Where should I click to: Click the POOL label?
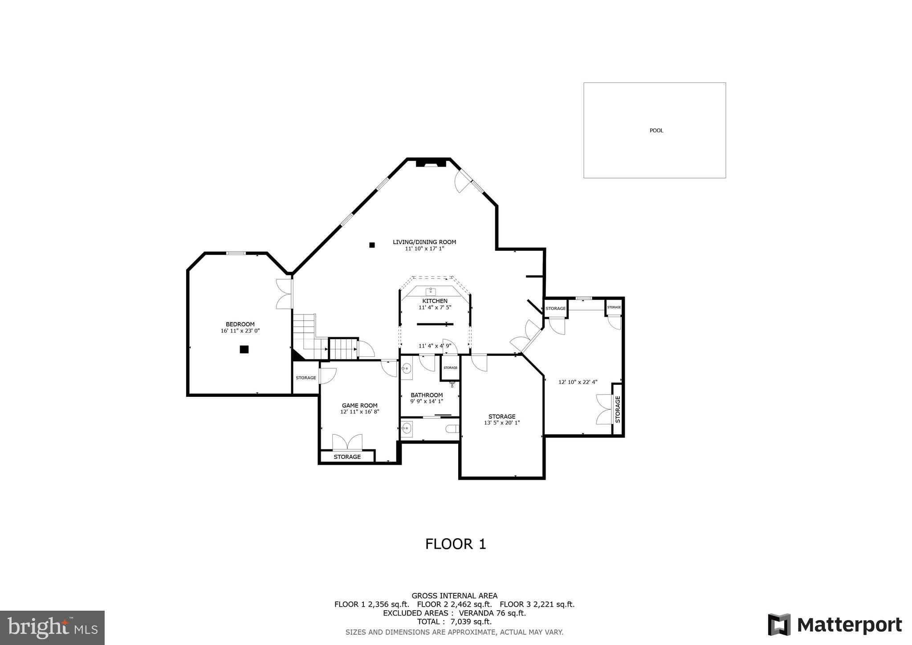(656, 131)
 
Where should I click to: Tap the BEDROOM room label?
(240, 324)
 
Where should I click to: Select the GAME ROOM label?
(359, 405)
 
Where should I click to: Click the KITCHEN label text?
(435, 301)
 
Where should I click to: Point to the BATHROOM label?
(427, 395)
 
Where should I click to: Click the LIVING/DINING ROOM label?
(424, 242)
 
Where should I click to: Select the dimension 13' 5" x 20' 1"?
(502, 423)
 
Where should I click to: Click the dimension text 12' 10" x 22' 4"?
(578, 382)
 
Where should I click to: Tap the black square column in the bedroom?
(244, 349)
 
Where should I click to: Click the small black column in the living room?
(372, 245)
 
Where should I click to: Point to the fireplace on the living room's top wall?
(431, 163)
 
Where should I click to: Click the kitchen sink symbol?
(431, 292)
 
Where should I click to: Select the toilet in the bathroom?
(452, 429)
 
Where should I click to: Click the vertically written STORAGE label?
(618, 409)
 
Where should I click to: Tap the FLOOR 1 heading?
(456, 544)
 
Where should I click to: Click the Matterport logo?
(835, 625)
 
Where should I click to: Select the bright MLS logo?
(52, 628)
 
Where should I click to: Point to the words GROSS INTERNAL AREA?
(454, 596)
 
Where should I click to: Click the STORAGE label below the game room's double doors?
(347, 457)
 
